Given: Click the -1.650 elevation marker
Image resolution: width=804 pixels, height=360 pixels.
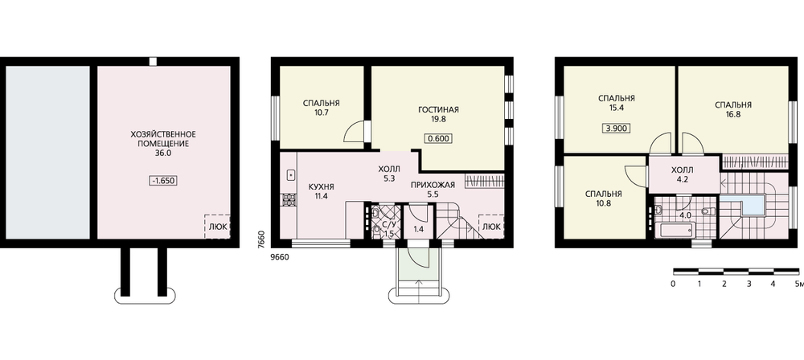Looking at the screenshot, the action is click(163, 181).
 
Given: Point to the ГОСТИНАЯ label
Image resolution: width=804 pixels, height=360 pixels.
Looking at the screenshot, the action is click(438, 109).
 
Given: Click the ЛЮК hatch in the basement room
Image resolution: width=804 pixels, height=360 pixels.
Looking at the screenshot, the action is click(217, 226).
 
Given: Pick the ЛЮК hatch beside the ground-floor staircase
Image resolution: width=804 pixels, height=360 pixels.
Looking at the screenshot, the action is click(490, 227).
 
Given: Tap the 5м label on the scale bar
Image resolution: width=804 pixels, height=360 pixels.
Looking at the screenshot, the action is click(798, 284).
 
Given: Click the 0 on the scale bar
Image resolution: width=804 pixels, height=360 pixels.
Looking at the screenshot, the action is click(673, 284).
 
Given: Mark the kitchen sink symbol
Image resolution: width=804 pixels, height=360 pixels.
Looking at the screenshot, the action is click(290, 175).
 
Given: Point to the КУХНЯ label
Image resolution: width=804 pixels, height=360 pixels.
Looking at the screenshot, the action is click(321, 186).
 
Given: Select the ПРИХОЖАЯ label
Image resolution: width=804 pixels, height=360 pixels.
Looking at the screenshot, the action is click(434, 185).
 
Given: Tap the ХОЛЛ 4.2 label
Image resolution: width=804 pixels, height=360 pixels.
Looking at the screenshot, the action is click(682, 174).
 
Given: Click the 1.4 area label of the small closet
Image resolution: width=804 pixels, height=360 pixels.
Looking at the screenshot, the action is click(418, 229).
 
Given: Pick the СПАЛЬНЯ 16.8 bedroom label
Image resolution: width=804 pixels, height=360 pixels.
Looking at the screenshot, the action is click(733, 110).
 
